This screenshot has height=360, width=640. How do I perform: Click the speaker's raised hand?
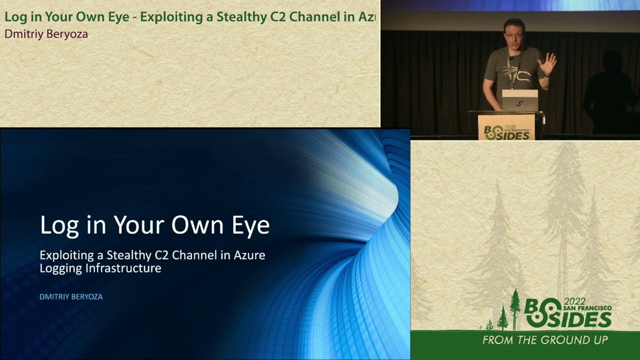(x=548, y=64)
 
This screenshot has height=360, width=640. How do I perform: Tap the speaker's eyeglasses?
(x=514, y=34)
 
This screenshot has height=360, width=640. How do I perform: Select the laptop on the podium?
(x=520, y=100)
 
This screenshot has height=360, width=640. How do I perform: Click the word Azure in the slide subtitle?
(x=248, y=255)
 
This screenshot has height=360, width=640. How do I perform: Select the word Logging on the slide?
(x=61, y=268)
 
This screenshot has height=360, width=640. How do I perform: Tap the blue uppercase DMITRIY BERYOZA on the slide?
(x=71, y=296)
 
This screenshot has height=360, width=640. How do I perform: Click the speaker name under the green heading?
(x=46, y=34)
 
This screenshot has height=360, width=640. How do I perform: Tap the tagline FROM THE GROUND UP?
(x=545, y=340)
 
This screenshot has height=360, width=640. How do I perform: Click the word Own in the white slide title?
(x=193, y=225)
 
